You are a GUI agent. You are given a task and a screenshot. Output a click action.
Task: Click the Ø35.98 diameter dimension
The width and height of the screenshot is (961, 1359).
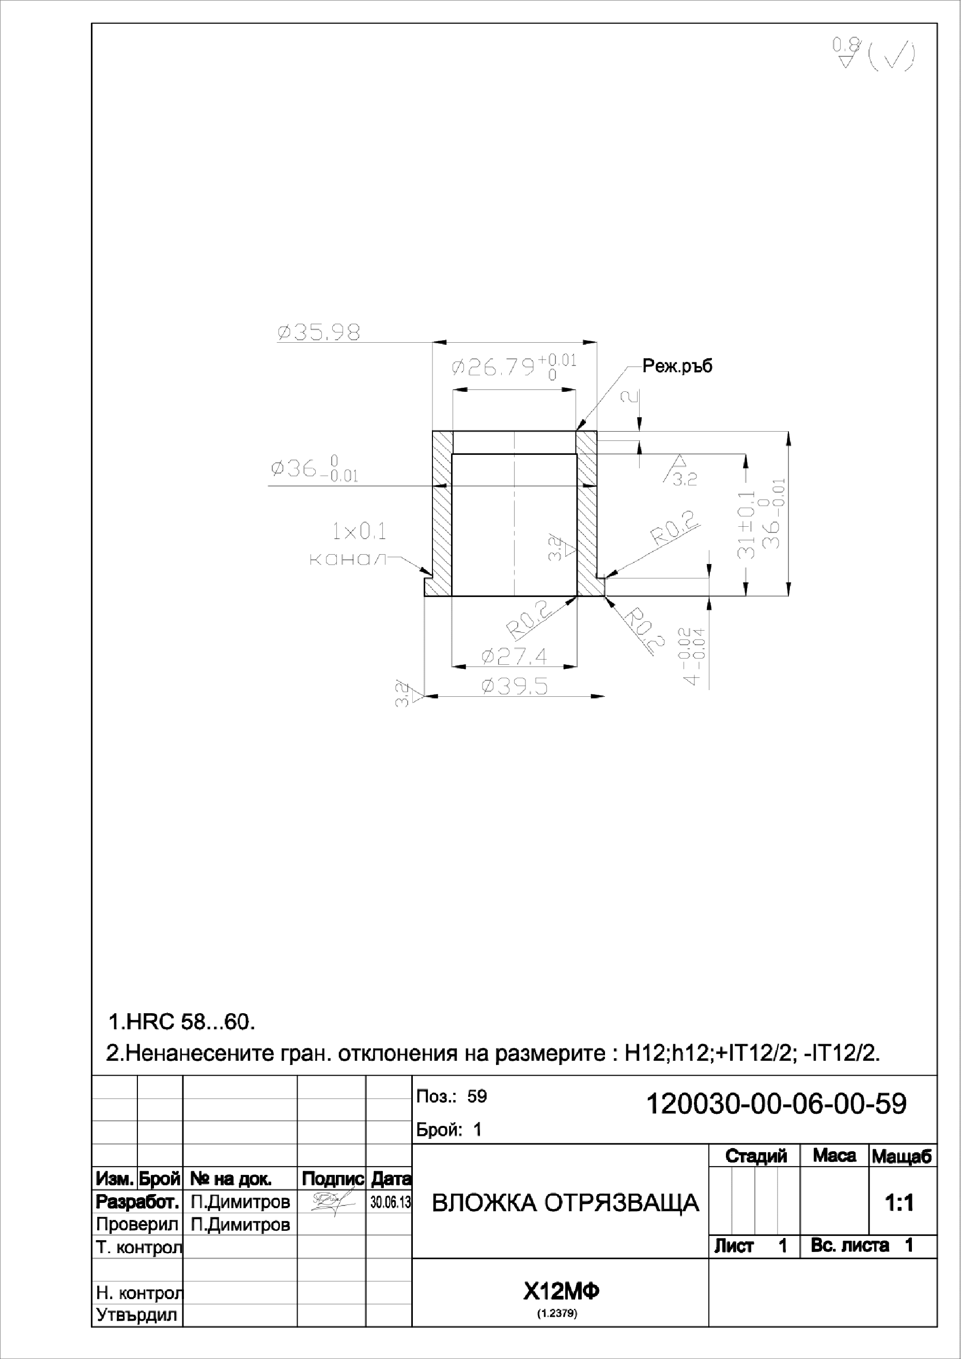coord(319,332)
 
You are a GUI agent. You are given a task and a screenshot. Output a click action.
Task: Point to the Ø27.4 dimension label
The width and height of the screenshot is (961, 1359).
coord(514,656)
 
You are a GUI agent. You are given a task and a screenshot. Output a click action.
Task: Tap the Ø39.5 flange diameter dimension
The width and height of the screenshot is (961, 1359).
coord(514,686)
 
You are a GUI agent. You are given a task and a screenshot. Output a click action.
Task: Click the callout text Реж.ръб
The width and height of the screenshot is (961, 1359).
coord(677,366)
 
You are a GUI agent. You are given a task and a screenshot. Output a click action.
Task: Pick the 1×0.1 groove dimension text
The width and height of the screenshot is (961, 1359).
coord(359,531)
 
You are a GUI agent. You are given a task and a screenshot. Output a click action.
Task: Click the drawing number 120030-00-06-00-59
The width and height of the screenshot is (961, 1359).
coord(776,1104)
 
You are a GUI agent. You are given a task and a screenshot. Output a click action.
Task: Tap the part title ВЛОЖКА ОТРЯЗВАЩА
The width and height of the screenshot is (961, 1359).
coord(565,1203)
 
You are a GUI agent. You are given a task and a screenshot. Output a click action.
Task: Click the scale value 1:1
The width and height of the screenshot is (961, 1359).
coord(899,1203)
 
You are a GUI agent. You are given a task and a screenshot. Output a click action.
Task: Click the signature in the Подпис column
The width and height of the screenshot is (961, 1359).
coord(330,1203)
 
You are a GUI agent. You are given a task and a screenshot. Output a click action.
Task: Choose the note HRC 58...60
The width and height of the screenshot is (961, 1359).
coord(182,1021)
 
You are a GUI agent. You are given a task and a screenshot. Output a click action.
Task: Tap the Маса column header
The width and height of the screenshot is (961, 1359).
coord(834,1155)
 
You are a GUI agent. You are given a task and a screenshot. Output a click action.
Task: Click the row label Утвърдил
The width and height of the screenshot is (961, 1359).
coord(137,1315)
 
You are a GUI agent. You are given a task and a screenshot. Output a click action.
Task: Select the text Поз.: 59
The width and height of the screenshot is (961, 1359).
coord(451,1096)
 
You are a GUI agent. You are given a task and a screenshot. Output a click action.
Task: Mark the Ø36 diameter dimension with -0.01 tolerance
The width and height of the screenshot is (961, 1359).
coord(314,470)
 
